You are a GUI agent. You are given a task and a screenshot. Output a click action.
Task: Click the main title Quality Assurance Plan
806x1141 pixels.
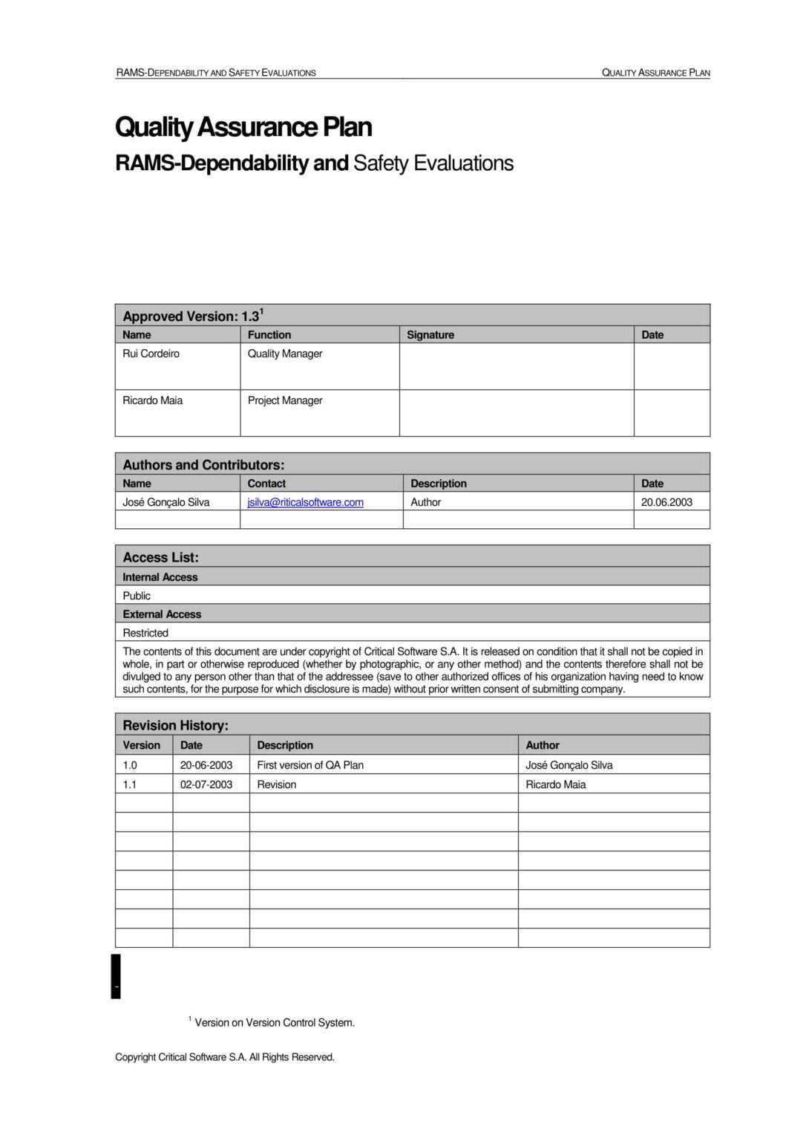point(243,127)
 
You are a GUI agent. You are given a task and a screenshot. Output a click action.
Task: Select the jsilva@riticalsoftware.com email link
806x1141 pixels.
point(305,502)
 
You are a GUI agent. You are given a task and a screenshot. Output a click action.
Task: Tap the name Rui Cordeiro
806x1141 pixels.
point(151,354)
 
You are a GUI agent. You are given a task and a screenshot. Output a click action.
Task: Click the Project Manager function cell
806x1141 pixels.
point(285,400)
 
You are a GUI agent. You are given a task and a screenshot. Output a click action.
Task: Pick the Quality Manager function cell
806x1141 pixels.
point(285,354)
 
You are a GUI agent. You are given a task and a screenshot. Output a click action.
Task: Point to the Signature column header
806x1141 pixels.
point(430,335)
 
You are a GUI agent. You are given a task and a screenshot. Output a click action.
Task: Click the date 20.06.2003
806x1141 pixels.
point(666,502)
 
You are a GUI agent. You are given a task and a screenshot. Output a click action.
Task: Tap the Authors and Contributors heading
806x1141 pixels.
point(203,465)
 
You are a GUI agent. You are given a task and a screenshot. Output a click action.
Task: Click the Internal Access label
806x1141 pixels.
point(160,577)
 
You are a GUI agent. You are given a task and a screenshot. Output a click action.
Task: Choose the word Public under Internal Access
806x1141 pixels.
point(137,596)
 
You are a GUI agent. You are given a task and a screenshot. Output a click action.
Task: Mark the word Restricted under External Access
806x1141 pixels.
point(145,633)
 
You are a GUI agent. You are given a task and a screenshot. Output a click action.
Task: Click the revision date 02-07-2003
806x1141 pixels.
point(206,784)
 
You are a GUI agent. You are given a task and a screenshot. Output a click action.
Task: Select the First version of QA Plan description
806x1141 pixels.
point(310,765)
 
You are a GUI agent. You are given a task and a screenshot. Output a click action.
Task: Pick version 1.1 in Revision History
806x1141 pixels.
point(130,784)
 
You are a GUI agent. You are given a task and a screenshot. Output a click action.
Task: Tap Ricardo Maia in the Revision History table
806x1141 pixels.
point(555,784)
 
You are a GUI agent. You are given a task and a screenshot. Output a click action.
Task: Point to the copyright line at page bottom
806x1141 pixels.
point(225,1057)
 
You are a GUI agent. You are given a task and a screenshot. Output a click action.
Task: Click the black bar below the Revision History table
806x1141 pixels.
point(116,976)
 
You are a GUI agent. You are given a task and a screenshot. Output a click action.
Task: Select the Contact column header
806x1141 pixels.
point(266,484)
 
